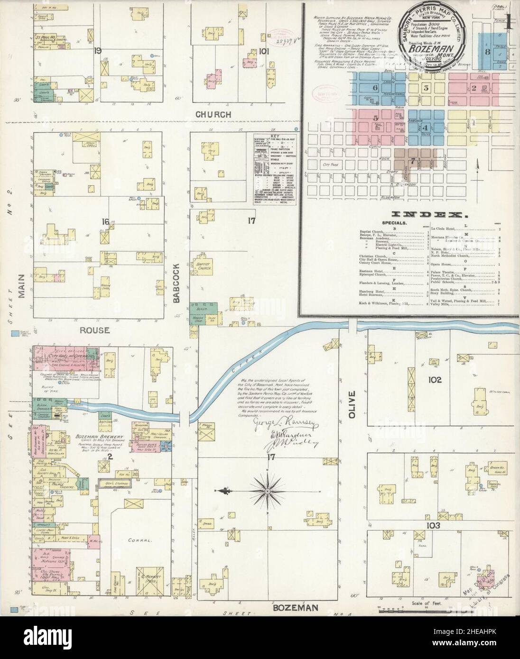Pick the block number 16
[x=105, y=220]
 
